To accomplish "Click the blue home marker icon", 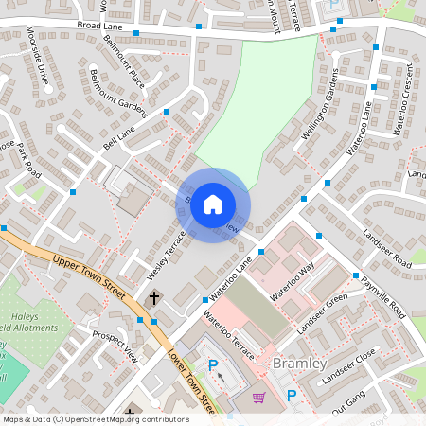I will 213,204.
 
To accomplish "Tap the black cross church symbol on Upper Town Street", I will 154,298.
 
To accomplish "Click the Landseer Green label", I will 323,314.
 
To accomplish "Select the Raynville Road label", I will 382,296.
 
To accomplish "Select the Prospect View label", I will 115,346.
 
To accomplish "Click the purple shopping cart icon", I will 258,399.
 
